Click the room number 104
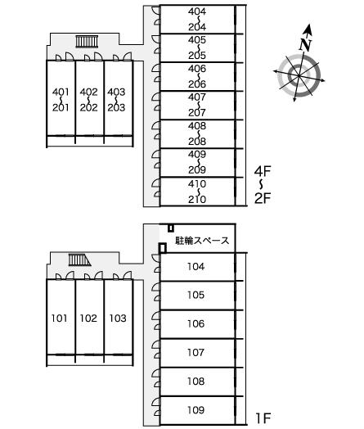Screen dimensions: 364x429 [x=195, y=266]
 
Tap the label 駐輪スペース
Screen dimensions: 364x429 [x=202, y=241]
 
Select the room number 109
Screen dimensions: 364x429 [x=195, y=410]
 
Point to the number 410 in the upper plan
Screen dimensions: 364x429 [x=197, y=183]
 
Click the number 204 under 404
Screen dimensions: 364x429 [x=197, y=27]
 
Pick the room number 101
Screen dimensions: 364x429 [x=59, y=318]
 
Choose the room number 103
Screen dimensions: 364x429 [x=118, y=318]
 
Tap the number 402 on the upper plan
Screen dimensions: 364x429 [x=88, y=92]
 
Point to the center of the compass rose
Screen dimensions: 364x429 [x=299, y=76]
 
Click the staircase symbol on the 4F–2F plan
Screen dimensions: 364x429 [x=87, y=41]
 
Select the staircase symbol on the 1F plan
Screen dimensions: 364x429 [x=79, y=260]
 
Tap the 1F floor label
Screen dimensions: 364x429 [x=263, y=418]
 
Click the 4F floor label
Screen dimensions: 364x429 [x=263, y=171]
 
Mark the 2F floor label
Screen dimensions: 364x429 [x=263, y=198]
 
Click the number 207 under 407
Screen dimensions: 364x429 [x=197, y=112]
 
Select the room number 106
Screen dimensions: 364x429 [x=195, y=323]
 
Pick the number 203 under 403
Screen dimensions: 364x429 [x=116, y=107]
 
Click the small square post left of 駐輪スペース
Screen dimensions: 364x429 [x=163, y=248]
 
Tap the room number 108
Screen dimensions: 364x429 [x=195, y=382]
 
